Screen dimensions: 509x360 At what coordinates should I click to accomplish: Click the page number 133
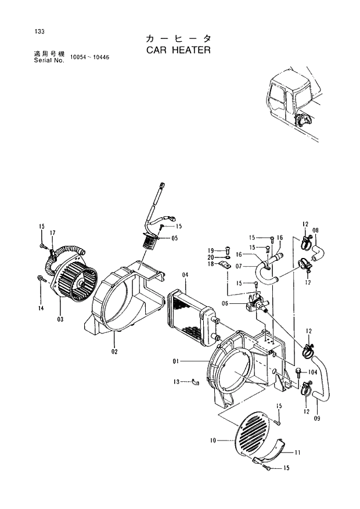pos(40,31)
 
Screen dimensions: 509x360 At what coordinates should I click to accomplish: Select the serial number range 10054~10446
pos(90,58)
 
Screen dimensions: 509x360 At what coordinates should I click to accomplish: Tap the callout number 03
pos(60,319)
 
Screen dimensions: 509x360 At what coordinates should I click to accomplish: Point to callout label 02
pos(114,352)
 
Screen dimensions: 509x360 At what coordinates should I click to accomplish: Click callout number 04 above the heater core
pos(185,274)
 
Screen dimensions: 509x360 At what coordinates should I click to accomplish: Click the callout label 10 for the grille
pos(213,441)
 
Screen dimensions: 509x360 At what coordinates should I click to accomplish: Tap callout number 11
pos(297,452)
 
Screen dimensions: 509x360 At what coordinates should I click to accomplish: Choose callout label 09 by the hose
pos(317,417)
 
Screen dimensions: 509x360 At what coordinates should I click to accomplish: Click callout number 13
pos(177,382)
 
